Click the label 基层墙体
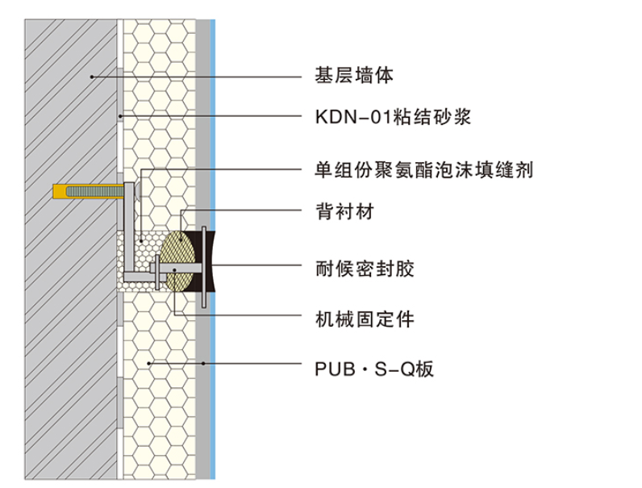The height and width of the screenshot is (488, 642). click(353, 77)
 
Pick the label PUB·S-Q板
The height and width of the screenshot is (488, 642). click(374, 369)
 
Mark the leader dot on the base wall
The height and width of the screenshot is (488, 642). click(93, 77)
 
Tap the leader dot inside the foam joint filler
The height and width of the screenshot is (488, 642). click(140, 240)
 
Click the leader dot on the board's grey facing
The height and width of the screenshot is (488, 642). click(204, 364)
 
